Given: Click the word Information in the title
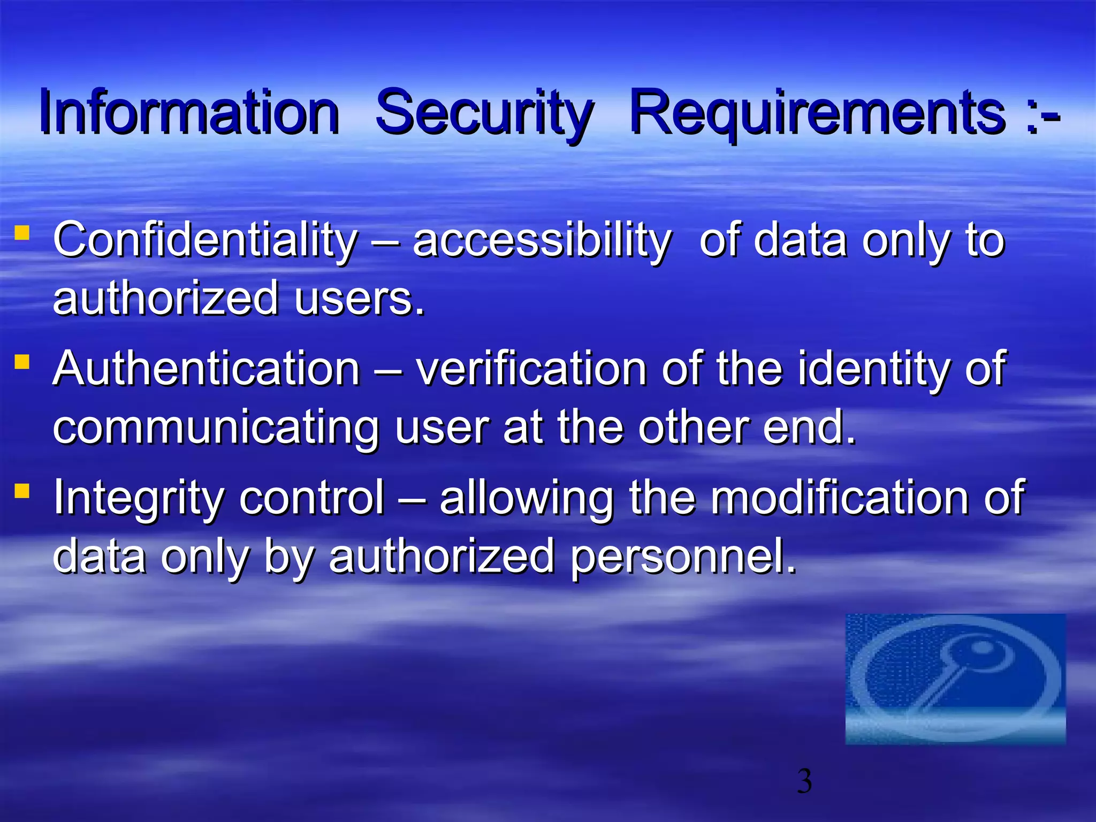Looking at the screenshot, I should tap(189, 112).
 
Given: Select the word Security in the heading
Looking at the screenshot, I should tap(484, 113).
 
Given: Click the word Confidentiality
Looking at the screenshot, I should tap(205, 241).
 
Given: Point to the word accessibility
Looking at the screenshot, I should tap(541, 241).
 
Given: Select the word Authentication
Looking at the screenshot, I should tap(206, 369).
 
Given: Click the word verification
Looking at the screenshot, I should tap(531, 369).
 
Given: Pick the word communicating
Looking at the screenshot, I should tap(216, 429).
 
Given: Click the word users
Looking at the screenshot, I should tap(359, 299).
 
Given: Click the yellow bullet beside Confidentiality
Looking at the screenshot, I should tap(22, 233).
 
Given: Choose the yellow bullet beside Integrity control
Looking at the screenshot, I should tap(22, 490).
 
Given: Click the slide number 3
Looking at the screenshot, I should tap(804, 781).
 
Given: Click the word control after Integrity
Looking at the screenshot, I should tap(311, 498).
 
